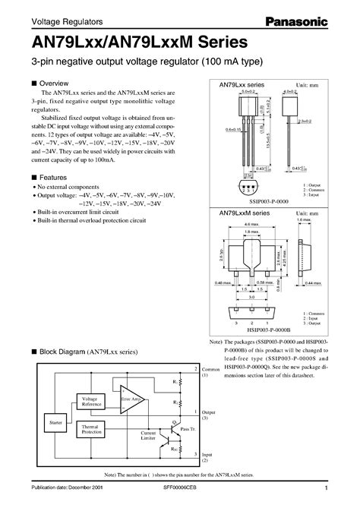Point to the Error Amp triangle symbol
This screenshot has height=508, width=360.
(131, 402)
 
